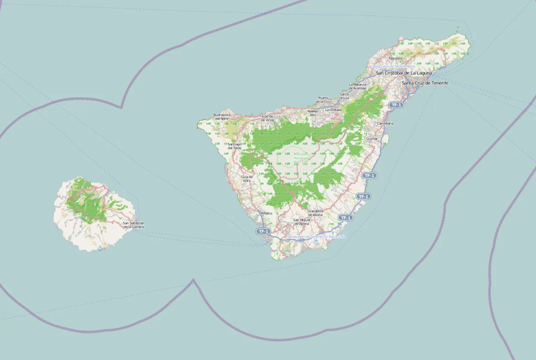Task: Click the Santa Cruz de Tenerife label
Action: coord(425,83)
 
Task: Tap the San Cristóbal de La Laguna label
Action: coord(404,73)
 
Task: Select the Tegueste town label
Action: coord(395,58)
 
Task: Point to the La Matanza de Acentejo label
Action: coord(358,86)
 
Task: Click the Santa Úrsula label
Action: coord(344,96)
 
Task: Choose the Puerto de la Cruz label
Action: coord(323,100)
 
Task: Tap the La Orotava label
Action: coord(333,110)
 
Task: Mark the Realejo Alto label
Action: coord(313,113)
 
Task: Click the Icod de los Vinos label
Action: coord(267,118)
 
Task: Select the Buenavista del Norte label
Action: coord(222,116)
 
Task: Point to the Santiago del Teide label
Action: coord(234,146)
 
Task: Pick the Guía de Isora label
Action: coord(247,179)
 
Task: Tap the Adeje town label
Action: coord(265,213)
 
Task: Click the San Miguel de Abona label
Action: coord(301,222)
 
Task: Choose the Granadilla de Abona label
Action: coord(315,213)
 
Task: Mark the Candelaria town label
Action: coord(385,123)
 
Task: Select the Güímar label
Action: coord(371,138)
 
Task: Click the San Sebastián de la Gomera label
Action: coord(134,225)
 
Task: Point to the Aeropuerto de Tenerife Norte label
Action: coord(394,66)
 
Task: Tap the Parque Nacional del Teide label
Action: coord(301,158)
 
